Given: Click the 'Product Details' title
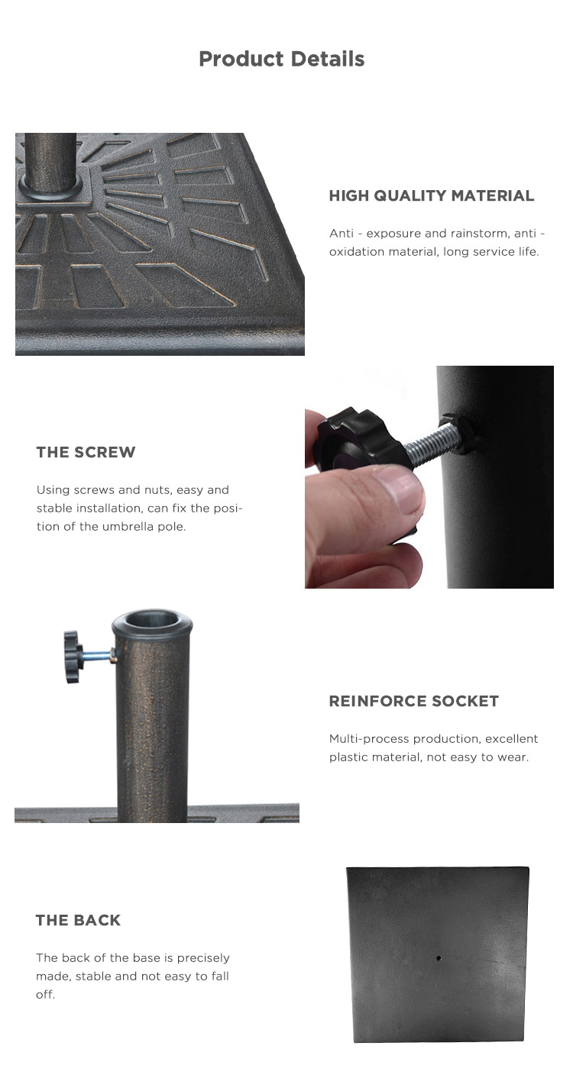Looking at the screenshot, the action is [281, 59].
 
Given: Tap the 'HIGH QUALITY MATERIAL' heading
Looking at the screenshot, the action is [432, 195].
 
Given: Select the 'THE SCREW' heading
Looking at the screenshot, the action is [86, 452].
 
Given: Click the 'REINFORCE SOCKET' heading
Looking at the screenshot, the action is [413, 701].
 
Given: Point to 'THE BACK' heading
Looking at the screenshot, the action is [78, 921].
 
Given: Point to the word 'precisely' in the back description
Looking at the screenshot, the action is [203, 958].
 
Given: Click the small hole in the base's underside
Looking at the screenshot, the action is [439, 958].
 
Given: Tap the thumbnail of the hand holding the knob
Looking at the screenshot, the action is [429, 477].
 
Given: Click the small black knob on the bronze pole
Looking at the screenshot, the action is [73, 657].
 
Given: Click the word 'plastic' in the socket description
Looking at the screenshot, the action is [346, 758].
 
